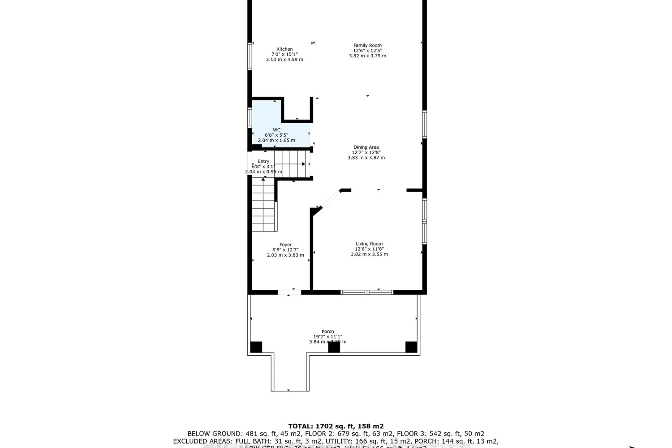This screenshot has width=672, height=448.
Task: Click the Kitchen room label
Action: [x=284, y=49]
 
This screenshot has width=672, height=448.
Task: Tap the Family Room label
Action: [x=367, y=45]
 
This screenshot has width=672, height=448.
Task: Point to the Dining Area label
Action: [x=366, y=147]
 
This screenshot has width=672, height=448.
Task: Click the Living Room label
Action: [x=369, y=244]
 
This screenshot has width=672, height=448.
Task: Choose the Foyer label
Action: [x=285, y=245]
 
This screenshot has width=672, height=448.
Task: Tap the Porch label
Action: [x=327, y=332]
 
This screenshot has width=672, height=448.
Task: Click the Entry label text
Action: [x=263, y=161]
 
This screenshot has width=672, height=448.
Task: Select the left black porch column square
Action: [x=256, y=347]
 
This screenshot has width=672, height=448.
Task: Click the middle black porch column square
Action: [x=334, y=347]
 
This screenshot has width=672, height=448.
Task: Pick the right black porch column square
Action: [x=411, y=347]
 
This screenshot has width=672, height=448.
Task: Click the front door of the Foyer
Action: [x=289, y=293]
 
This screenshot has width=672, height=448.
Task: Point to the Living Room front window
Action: [x=367, y=293]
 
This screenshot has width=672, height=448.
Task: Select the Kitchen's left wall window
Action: [x=250, y=56]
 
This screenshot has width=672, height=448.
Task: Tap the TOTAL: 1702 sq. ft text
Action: [x=336, y=426]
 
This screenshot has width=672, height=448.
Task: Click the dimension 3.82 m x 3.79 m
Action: [x=367, y=56]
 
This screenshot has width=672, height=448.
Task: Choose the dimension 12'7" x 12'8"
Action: [x=366, y=152]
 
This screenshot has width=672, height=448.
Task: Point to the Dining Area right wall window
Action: [x=424, y=124]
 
